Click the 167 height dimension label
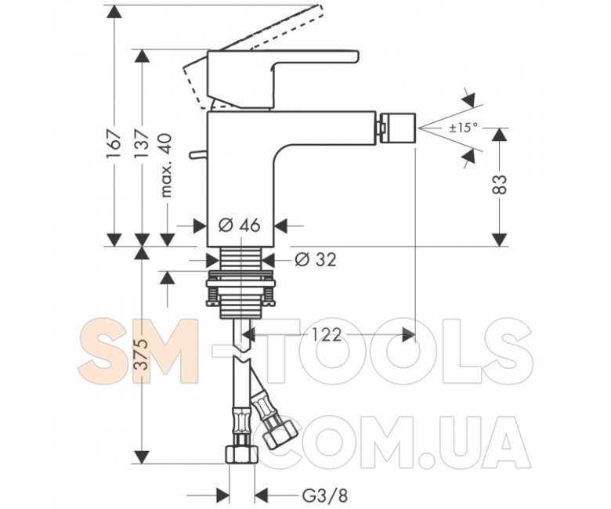click(x=114, y=143)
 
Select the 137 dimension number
click(x=143, y=143)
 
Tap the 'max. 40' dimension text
click(x=165, y=165)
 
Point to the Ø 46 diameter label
click(x=239, y=225)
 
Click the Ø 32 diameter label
click(x=315, y=259)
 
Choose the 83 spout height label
click(x=500, y=184)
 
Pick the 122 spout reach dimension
click(x=327, y=334)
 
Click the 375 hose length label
click(x=142, y=354)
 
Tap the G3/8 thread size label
click(x=324, y=496)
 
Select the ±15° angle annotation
click(x=462, y=128)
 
